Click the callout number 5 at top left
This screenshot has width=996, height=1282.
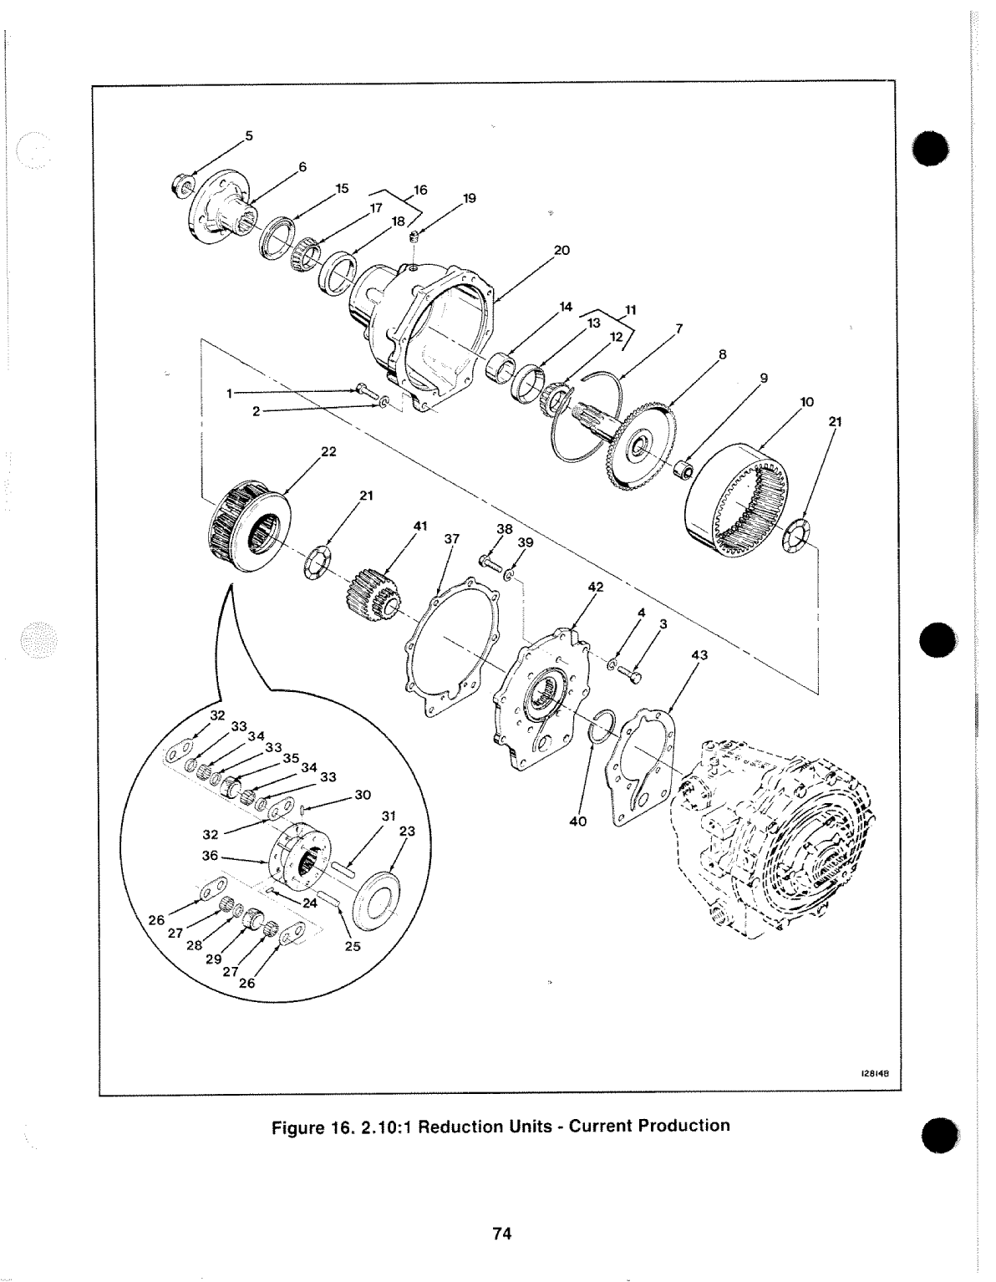coord(248,135)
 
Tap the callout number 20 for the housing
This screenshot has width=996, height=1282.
coord(562,250)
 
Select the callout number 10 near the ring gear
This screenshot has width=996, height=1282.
coord(806,402)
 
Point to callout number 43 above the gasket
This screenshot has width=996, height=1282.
coord(700,655)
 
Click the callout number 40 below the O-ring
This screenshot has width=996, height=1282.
coord(578,822)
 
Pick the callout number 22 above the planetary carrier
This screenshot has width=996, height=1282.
coord(328,452)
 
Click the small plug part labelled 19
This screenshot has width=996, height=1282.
coord(414,242)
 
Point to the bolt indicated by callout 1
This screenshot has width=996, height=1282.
coord(362,389)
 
